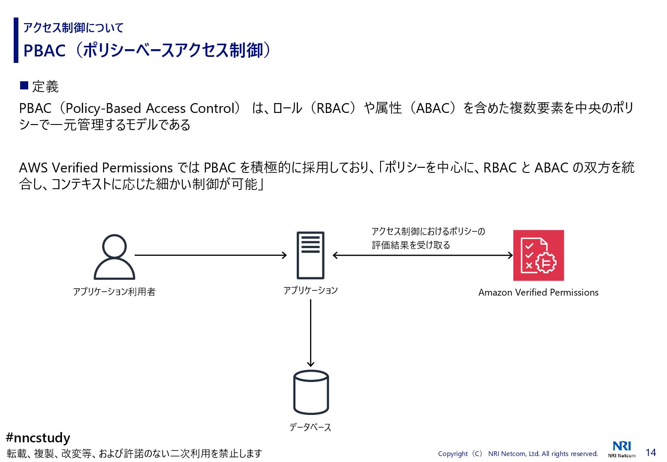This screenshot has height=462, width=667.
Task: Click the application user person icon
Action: click(114, 257)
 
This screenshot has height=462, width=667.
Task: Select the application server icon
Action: click(310, 255)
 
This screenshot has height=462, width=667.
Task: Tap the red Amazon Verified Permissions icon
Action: click(538, 255)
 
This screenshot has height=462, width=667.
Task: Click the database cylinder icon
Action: click(311, 392)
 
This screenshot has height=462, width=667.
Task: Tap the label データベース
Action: click(310, 427)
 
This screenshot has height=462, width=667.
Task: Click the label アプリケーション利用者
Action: click(114, 292)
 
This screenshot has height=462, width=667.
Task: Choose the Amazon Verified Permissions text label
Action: click(538, 293)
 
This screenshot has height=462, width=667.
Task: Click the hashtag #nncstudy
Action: click(38, 438)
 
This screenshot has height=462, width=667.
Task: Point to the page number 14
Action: click(651, 453)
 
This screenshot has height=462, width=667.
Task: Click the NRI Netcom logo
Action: click(622, 449)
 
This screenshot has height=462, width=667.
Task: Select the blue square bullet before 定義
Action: click(24, 86)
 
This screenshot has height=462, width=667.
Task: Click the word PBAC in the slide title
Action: click(44, 50)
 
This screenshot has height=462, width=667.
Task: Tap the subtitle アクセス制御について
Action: click(73, 28)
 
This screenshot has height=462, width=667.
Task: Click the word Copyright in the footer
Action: click(453, 453)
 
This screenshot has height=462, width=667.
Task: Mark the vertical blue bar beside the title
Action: click(16, 40)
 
